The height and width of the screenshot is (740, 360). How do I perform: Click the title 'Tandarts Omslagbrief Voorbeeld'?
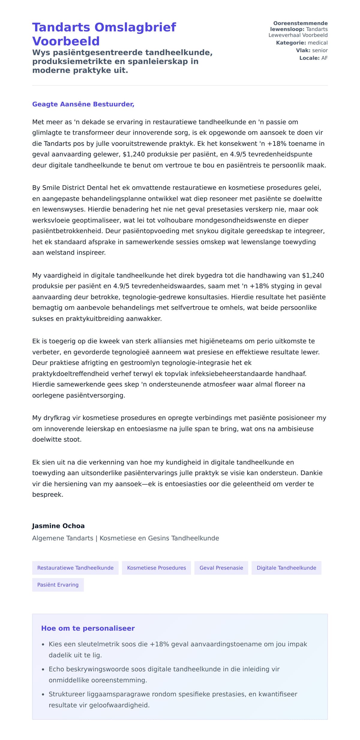click(104, 34)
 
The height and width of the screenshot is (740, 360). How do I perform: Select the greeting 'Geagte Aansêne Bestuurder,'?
click(83, 104)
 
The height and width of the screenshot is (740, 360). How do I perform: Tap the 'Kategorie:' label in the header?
click(291, 43)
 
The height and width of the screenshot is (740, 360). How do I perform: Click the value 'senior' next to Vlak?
click(320, 50)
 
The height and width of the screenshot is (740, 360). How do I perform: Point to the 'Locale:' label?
click(309, 58)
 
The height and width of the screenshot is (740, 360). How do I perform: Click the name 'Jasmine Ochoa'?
click(58, 526)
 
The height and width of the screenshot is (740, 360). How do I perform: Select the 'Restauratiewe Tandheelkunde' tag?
click(75, 568)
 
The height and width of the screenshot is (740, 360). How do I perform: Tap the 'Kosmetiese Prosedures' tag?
click(156, 568)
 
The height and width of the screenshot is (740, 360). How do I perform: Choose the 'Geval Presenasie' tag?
click(221, 568)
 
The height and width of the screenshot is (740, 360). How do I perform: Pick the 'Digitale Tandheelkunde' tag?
click(286, 568)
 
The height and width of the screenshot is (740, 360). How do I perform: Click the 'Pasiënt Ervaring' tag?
click(58, 584)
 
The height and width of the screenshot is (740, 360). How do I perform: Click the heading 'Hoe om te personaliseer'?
click(88, 628)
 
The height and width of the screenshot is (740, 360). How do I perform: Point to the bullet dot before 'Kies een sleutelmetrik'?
click(43, 645)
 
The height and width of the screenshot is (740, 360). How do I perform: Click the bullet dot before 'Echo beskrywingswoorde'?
click(43, 669)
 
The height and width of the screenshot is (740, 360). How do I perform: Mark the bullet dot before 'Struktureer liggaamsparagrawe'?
click(43, 694)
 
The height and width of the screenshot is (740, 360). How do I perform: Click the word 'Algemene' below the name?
click(45, 538)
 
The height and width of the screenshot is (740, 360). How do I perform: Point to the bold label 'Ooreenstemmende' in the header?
click(300, 23)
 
